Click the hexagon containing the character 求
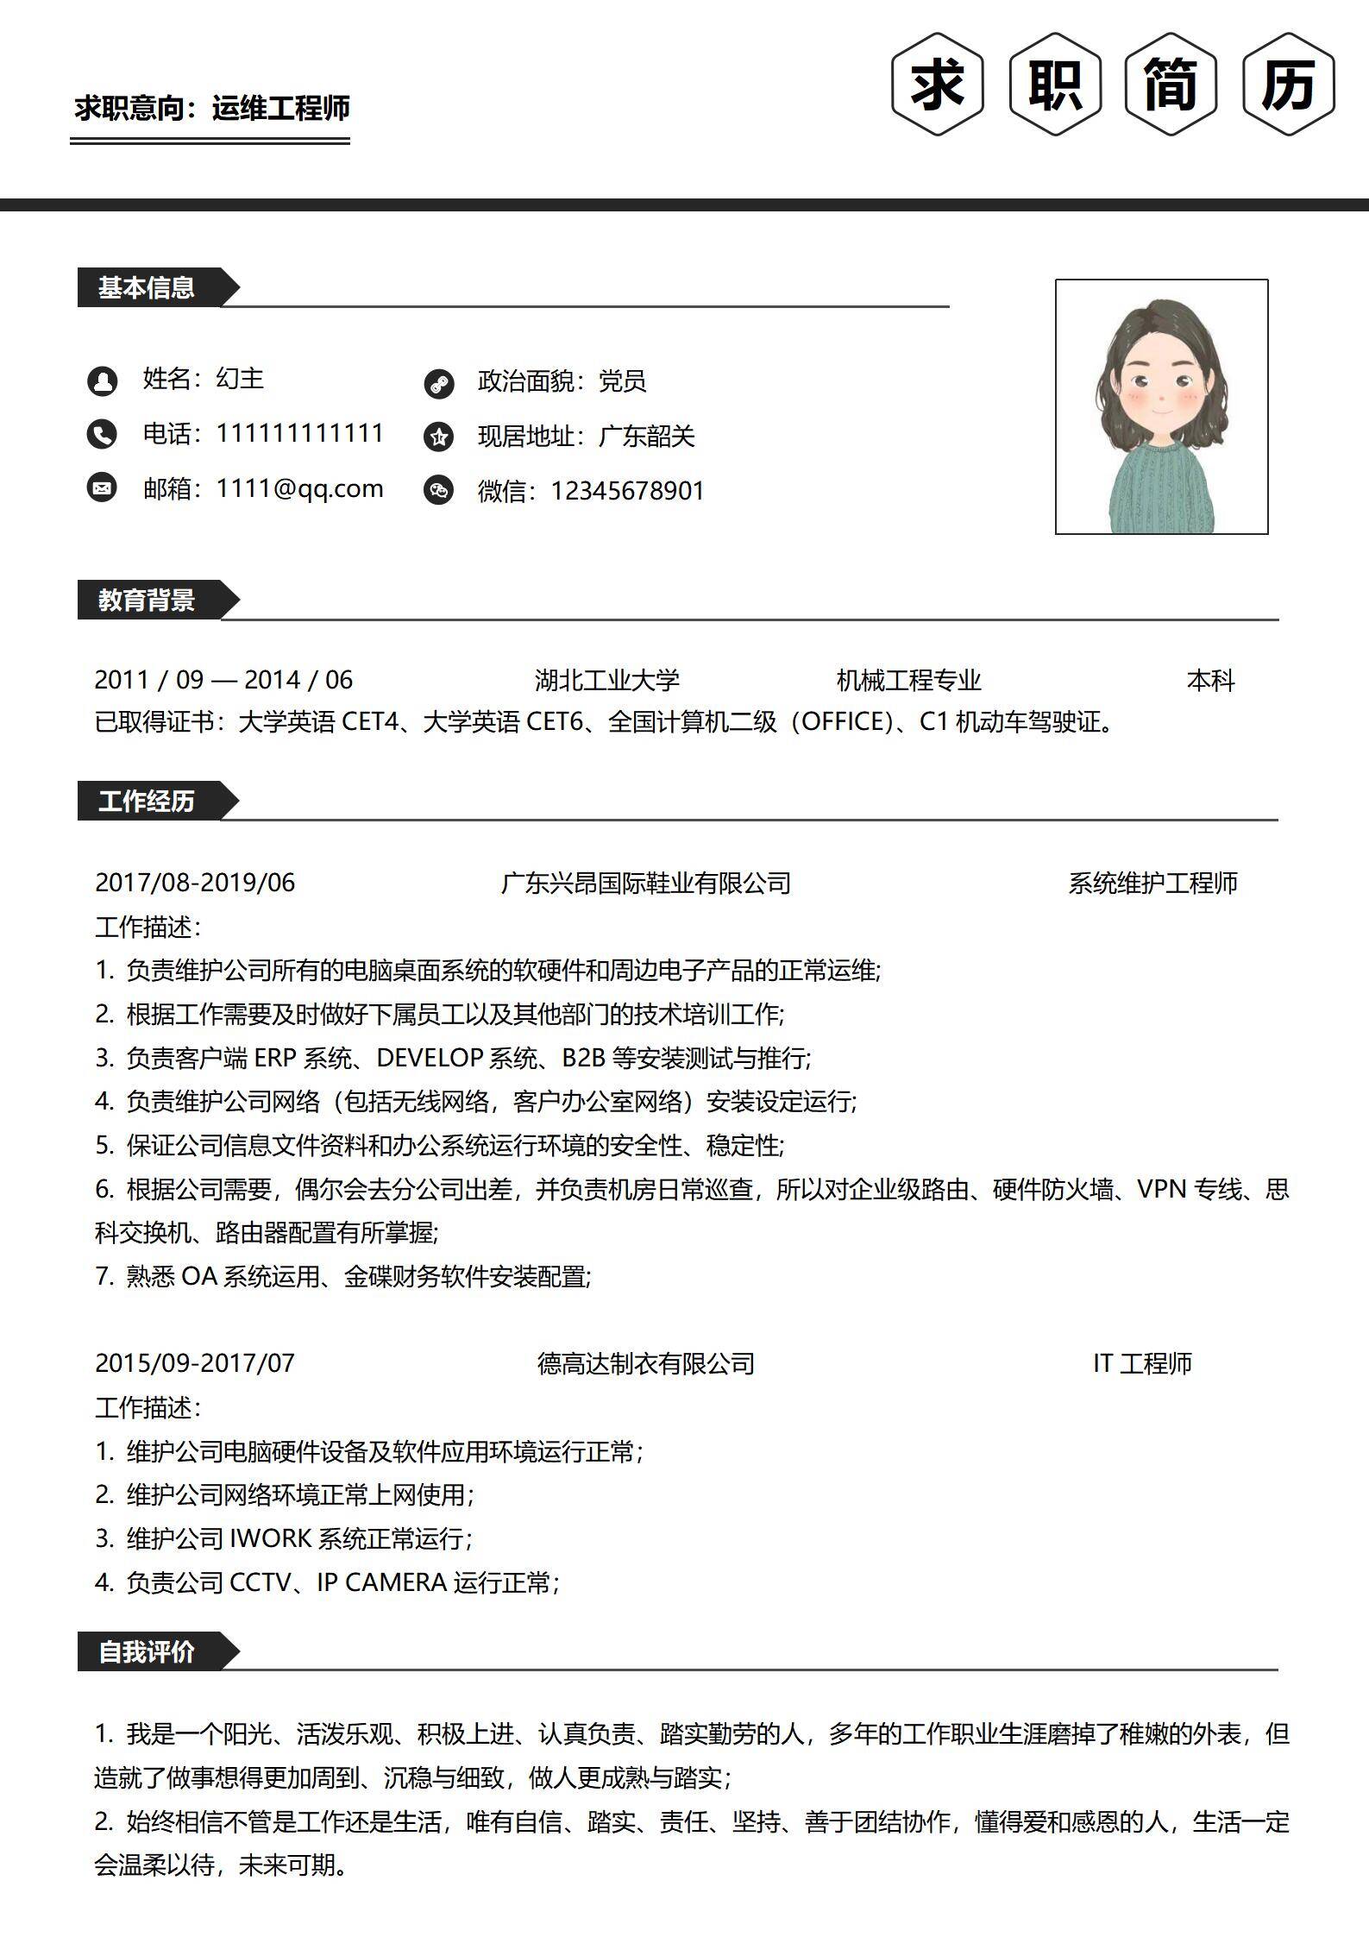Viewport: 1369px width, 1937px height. click(938, 85)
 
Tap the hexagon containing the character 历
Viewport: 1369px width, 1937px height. click(1289, 85)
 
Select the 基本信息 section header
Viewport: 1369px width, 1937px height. click(147, 287)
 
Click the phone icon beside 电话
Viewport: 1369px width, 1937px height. click(102, 434)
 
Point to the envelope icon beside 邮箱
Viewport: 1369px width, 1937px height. click(102, 488)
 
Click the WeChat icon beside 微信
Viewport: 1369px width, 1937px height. click(438, 491)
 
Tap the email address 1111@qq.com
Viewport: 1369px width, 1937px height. click(299, 488)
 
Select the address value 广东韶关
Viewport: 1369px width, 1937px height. click(646, 437)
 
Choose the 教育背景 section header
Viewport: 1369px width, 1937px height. click(147, 600)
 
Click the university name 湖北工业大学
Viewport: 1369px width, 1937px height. click(606, 680)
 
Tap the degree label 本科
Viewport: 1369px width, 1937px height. click(1210, 681)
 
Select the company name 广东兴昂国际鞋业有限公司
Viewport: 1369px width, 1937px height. click(645, 883)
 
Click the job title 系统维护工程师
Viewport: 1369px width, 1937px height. click(1152, 883)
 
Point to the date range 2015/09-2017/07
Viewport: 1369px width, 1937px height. click(195, 1363)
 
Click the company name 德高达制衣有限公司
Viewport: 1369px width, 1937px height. click(645, 1363)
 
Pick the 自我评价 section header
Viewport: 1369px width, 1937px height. click(147, 1651)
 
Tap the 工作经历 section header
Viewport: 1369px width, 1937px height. click(147, 801)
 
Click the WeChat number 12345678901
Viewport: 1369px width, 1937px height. click(627, 491)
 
